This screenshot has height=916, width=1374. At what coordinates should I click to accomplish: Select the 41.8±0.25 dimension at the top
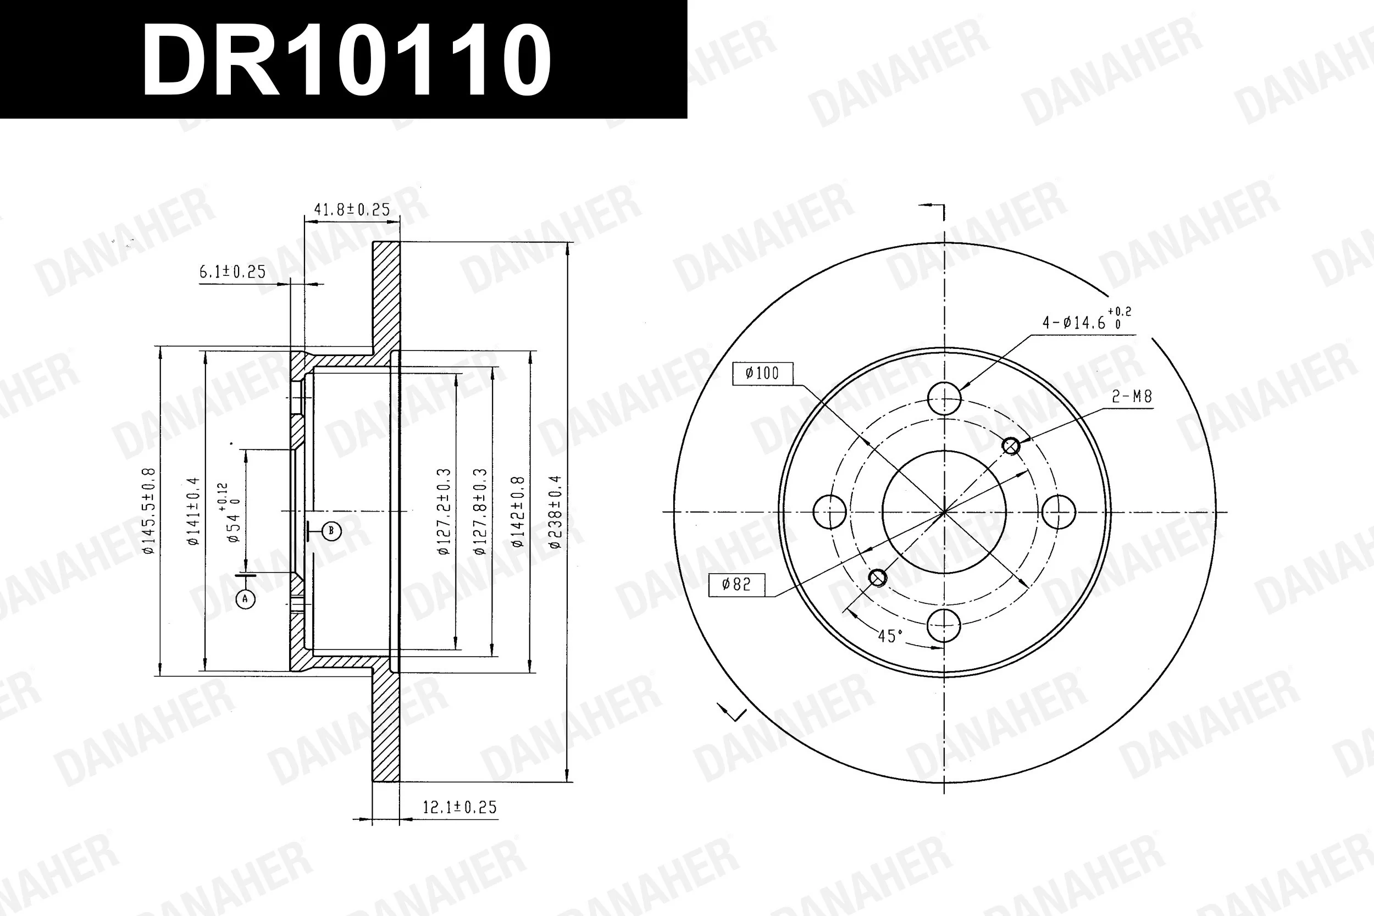tap(352, 210)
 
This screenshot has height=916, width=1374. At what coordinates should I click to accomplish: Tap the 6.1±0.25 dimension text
tap(232, 272)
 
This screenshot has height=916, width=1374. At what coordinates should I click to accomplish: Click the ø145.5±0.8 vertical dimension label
tap(148, 510)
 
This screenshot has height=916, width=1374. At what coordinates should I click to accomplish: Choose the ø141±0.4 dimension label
tap(193, 511)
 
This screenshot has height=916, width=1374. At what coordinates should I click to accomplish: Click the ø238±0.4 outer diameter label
tap(555, 512)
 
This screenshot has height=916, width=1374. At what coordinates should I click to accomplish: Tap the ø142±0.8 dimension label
tap(518, 512)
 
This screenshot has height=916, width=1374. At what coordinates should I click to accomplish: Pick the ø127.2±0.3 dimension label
tap(444, 510)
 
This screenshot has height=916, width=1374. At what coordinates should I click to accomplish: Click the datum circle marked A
tap(245, 599)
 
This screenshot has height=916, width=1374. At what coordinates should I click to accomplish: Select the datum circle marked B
tap(331, 531)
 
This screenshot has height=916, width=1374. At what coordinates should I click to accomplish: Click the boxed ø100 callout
tap(762, 373)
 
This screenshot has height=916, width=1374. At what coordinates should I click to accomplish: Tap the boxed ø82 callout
tap(736, 584)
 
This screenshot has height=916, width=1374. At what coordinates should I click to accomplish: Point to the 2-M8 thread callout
tap(1132, 397)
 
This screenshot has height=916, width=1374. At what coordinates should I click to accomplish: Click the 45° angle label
tap(890, 636)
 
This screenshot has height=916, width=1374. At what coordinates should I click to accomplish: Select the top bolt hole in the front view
tap(944, 398)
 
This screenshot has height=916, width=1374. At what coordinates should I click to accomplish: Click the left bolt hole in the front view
tap(829, 512)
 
